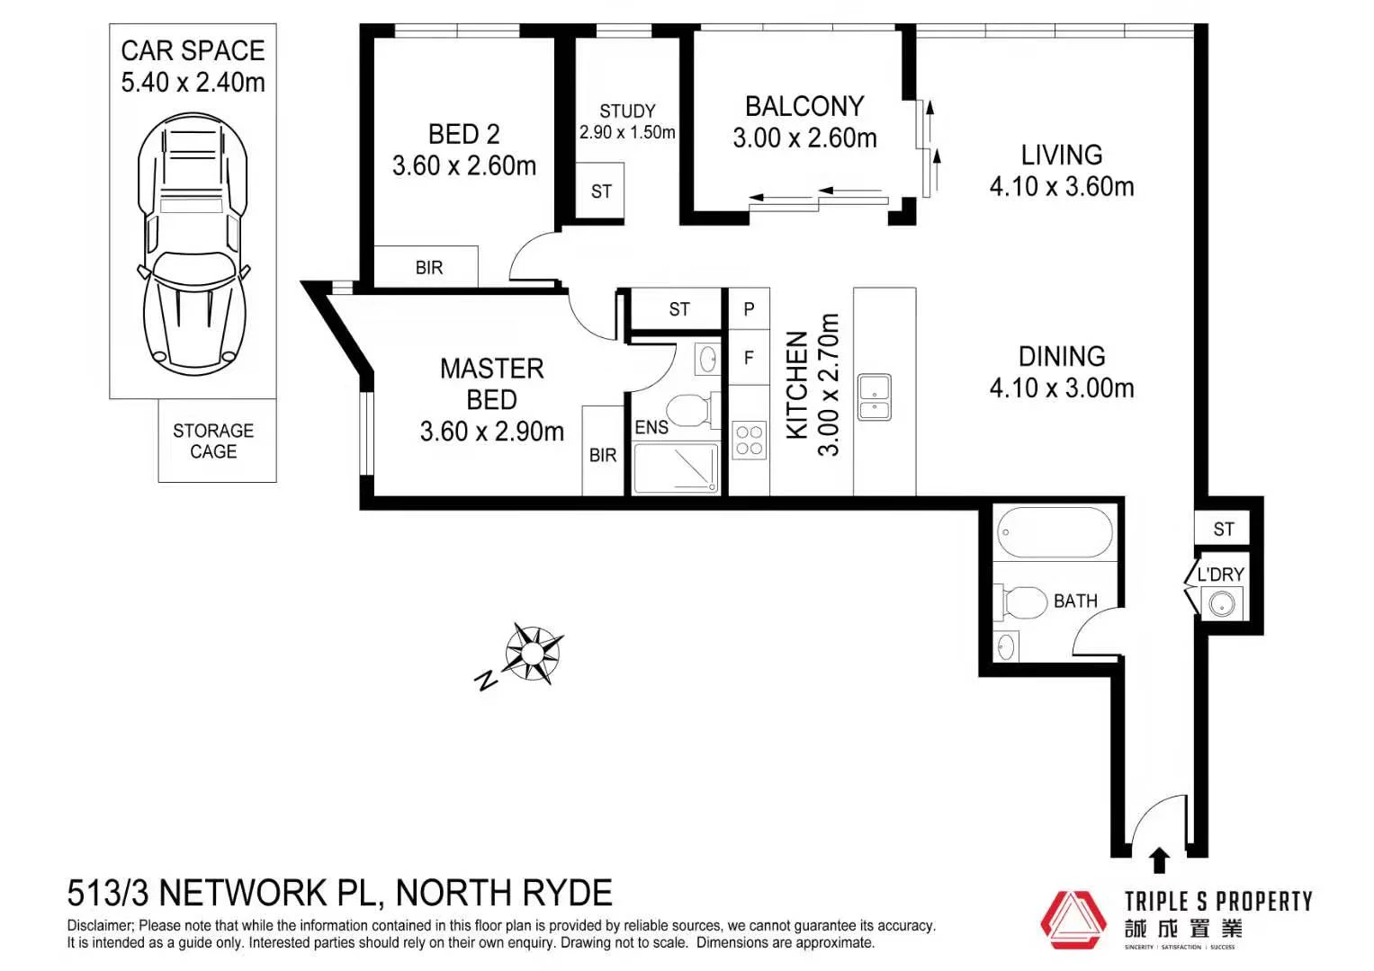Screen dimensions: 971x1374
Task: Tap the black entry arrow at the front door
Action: tap(1159, 860)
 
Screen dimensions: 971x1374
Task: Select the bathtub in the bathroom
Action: tap(1055, 533)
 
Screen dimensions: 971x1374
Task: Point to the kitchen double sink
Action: tap(874, 397)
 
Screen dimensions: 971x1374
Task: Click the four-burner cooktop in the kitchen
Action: tap(749, 441)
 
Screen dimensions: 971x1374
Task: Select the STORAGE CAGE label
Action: tap(213, 441)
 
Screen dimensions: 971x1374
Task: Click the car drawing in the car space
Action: tap(193, 245)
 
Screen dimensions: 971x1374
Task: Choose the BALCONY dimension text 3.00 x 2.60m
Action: tap(804, 138)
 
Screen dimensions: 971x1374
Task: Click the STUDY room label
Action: tap(627, 111)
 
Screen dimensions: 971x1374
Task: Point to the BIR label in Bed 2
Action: tap(429, 268)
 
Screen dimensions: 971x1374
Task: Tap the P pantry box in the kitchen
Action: tap(749, 309)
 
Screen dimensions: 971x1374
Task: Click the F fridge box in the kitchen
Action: tap(749, 358)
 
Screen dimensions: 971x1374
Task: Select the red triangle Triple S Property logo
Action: tap(1073, 919)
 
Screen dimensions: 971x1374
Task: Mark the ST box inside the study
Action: tap(601, 192)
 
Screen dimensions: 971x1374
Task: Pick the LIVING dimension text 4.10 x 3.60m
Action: tap(1062, 187)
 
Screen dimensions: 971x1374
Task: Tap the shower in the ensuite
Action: tap(677, 468)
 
